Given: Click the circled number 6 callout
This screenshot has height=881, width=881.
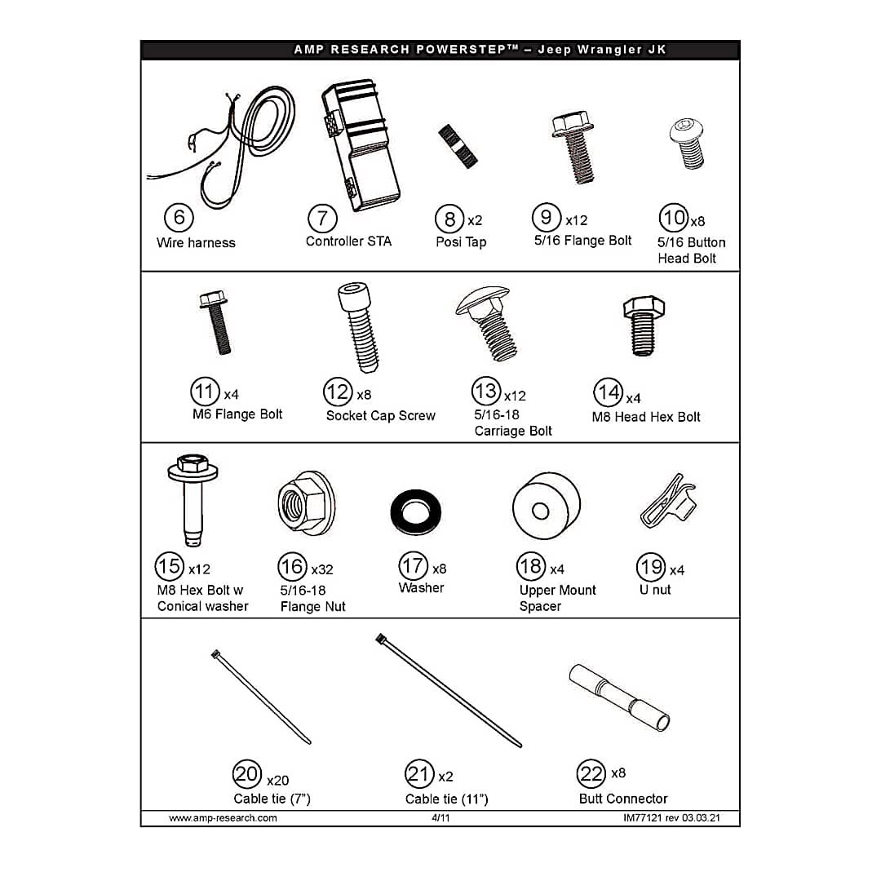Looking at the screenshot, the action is coord(179,218).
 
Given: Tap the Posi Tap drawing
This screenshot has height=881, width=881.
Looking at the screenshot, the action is coord(458,146).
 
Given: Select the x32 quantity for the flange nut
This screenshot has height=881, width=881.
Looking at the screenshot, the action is coord(322,569).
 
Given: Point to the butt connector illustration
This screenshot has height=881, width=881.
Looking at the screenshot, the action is coord(619,697).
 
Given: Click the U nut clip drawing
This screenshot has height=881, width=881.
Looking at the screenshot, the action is coord(668,501).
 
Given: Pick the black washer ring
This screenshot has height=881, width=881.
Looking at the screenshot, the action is coord(416,511).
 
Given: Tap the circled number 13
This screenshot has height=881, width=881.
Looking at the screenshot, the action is coord(486,391).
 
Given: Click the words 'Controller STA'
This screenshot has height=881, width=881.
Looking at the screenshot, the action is coord(348,241).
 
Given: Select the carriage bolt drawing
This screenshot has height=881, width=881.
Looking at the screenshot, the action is coord(488,324).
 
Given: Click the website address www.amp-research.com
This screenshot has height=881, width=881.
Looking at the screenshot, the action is coord(223,818).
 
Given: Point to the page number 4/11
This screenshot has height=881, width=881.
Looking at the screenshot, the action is coord(440,818).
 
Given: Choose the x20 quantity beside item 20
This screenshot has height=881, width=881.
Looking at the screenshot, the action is coord(277,781).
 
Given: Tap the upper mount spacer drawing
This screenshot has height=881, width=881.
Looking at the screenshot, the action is coord(546,506).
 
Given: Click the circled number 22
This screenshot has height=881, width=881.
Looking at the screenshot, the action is coord(591,773).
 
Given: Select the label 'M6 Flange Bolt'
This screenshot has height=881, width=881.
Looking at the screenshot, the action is coord(237,414).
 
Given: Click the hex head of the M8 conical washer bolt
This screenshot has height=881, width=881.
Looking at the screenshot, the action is coord(193,463).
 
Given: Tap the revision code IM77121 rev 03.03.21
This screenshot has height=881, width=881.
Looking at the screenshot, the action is coord(671,818).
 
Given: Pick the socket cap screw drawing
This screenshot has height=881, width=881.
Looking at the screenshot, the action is coord(358,327).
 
